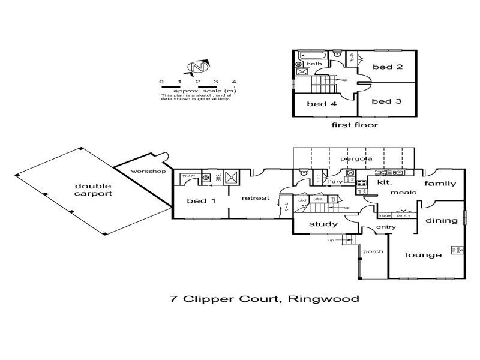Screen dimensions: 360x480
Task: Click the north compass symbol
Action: coord(197,67)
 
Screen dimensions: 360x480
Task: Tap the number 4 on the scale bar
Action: coord(234,82)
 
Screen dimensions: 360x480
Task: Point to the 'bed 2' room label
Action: coord(386,67)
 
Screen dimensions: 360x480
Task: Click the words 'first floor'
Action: coord(355,125)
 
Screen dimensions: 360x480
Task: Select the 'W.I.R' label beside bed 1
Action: coord(189,176)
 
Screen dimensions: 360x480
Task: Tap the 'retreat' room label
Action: coord(256,198)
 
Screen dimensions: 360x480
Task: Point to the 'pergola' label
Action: coord(356,159)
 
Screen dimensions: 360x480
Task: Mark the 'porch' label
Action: coord(373,251)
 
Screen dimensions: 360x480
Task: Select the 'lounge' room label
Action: coord(424,255)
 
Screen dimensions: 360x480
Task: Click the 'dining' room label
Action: coord(442,221)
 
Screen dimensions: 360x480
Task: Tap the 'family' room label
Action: coord(441,184)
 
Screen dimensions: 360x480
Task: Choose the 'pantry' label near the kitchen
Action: coord(404,215)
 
